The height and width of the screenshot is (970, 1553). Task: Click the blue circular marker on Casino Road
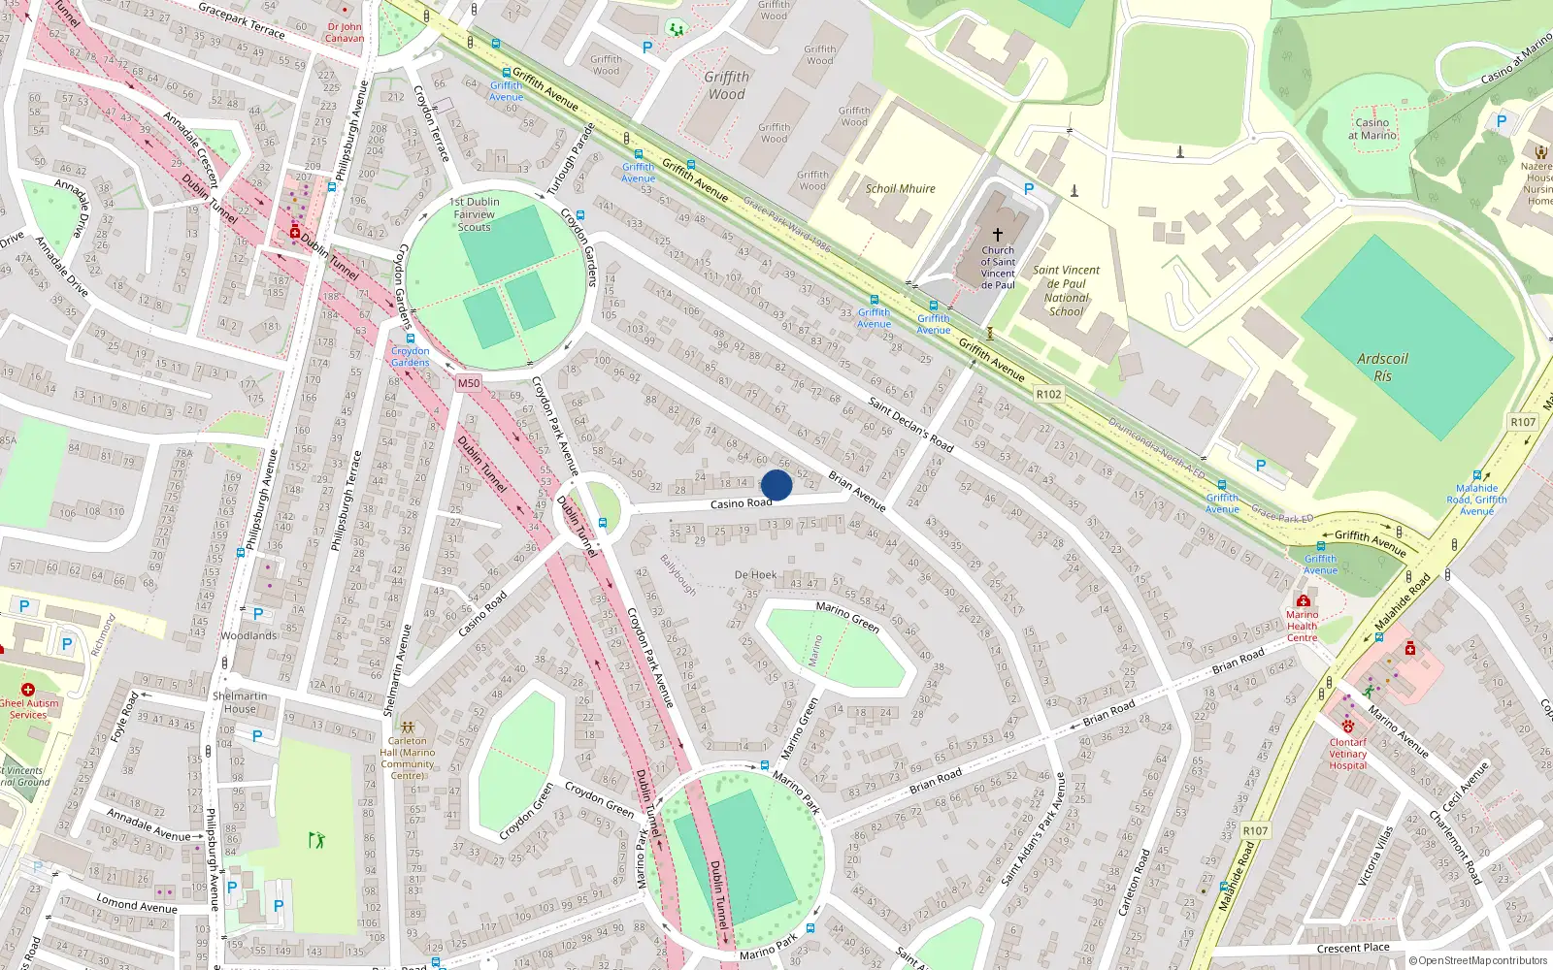pos(776,485)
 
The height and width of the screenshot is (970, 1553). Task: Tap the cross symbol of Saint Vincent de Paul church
pos(997,235)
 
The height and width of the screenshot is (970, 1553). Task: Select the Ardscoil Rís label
pos(1382,368)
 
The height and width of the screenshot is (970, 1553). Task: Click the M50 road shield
pos(469,383)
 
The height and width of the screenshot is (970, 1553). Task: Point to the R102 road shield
pos(1048,394)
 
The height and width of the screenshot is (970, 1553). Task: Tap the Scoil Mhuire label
pos(900,188)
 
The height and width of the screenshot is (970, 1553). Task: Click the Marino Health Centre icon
pos(1303,601)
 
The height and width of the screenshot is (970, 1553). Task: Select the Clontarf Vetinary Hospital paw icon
pos(1347,726)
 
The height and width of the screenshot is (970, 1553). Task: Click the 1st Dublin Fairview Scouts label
pos(475,214)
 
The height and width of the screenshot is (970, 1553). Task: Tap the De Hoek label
pos(755,574)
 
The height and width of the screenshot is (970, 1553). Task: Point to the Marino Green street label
pos(847,617)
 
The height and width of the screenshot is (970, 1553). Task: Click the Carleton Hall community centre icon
pos(408,727)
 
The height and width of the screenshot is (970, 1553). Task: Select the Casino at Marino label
pos(1371,128)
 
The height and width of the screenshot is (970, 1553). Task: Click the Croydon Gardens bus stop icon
pos(411,339)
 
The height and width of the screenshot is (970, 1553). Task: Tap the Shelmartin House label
pos(240,702)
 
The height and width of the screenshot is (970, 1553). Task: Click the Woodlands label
pos(248,635)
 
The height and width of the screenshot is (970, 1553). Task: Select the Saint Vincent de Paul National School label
pos(1066,291)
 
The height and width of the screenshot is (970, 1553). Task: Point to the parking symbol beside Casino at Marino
pos(1501,121)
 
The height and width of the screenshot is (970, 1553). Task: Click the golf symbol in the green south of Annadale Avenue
pos(316,840)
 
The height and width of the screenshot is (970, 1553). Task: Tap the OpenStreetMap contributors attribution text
pos(1478,960)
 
